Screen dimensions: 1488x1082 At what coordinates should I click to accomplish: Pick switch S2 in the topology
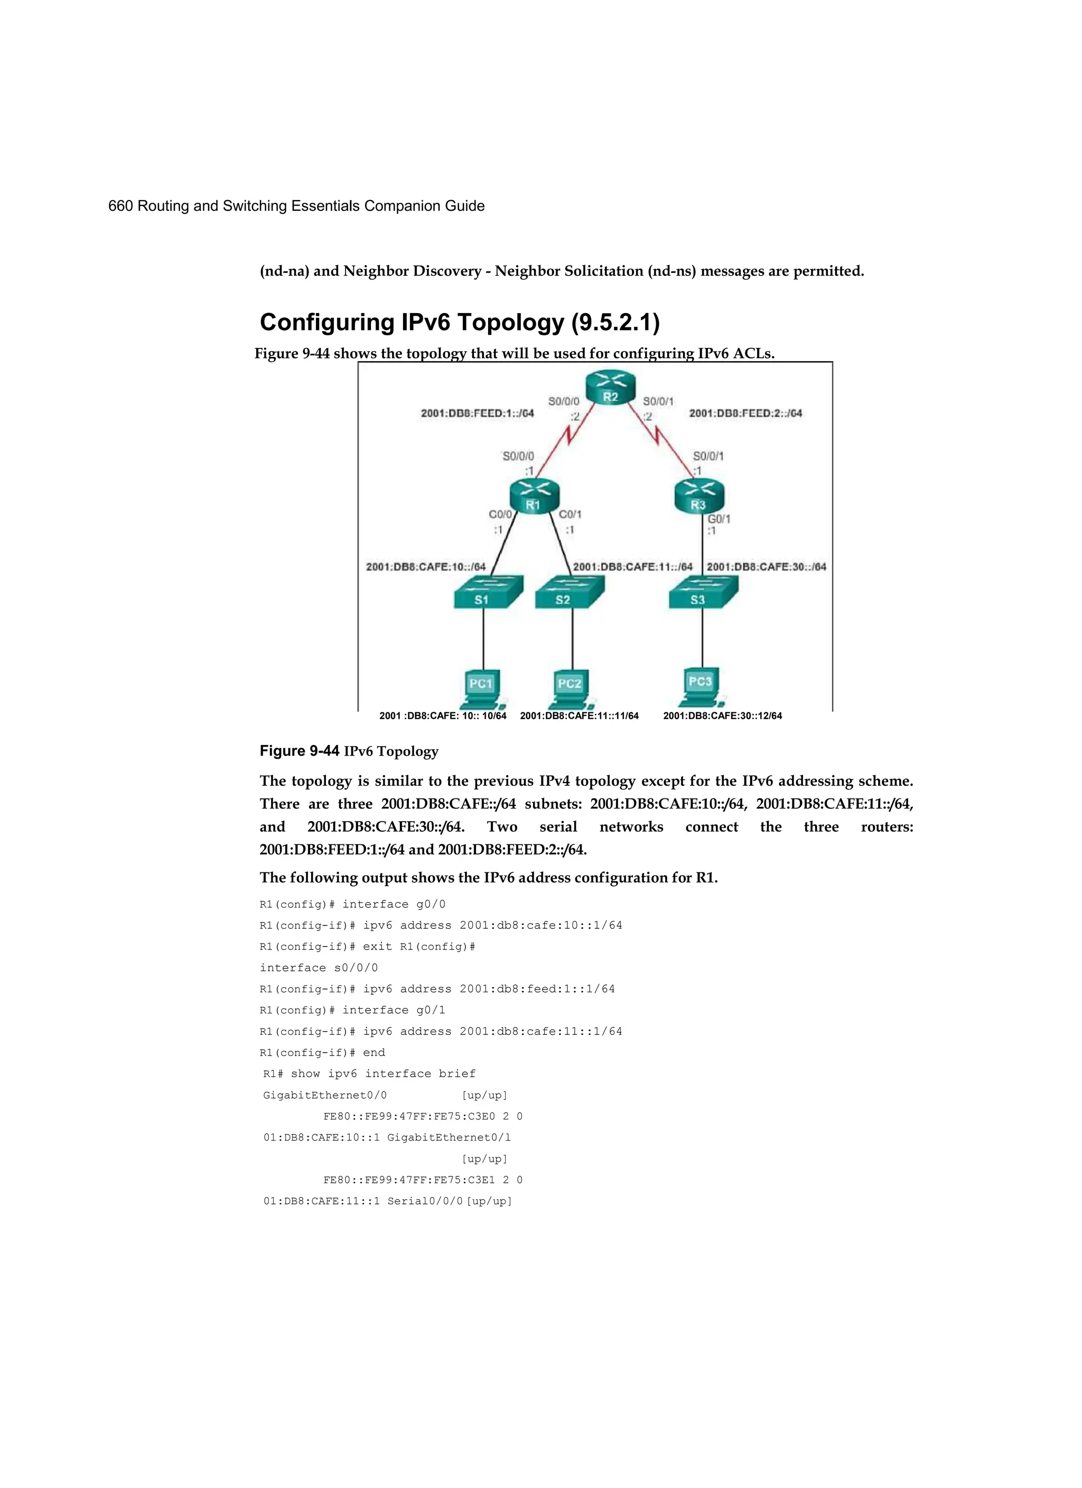[x=568, y=592]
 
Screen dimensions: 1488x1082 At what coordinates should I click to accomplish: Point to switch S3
[x=703, y=592]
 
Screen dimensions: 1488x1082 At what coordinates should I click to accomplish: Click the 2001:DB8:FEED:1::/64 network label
[x=477, y=413]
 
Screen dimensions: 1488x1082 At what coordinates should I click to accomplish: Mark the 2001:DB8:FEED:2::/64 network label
[x=745, y=413]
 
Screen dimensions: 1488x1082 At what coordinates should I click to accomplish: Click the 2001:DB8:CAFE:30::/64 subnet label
[x=766, y=567]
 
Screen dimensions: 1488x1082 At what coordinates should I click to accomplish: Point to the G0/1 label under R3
[x=719, y=519]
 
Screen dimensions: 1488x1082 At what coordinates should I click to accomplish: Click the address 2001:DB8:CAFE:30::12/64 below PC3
[x=722, y=716]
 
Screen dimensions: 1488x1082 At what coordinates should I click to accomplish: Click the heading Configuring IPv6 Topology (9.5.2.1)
[x=460, y=323]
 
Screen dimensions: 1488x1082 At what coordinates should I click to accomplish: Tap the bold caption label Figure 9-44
[x=300, y=751]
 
